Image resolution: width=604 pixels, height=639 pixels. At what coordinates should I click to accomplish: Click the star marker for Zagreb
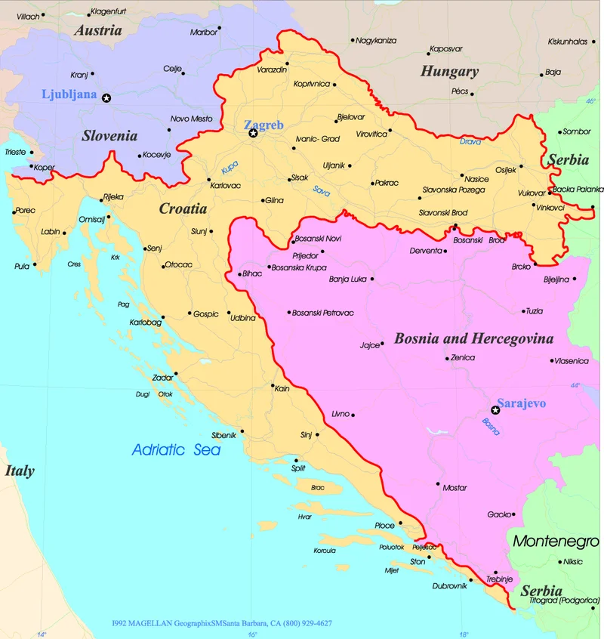[254, 133]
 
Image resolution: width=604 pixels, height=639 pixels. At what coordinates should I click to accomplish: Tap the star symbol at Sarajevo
[495, 410]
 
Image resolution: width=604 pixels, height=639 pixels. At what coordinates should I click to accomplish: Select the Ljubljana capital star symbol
[106, 97]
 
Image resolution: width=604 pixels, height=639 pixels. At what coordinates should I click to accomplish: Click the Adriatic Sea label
[176, 450]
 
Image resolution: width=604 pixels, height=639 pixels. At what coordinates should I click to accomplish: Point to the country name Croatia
[183, 208]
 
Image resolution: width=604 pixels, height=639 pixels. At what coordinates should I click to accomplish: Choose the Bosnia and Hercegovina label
[473, 338]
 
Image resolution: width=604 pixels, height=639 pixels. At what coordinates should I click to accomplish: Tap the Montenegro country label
[556, 541]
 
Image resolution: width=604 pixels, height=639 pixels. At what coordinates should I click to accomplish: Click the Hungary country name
[449, 72]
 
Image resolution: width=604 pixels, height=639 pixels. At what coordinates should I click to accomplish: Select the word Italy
[20, 471]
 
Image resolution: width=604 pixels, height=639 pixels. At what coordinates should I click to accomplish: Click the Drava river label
[470, 141]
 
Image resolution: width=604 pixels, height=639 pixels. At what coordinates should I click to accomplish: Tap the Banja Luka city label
[348, 279]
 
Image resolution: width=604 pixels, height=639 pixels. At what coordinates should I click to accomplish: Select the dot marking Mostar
[438, 483]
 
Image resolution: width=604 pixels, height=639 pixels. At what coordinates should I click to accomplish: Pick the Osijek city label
[505, 170]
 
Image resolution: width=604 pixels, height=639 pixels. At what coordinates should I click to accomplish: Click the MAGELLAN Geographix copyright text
[221, 623]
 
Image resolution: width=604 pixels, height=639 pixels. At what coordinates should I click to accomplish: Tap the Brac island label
[317, 488]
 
